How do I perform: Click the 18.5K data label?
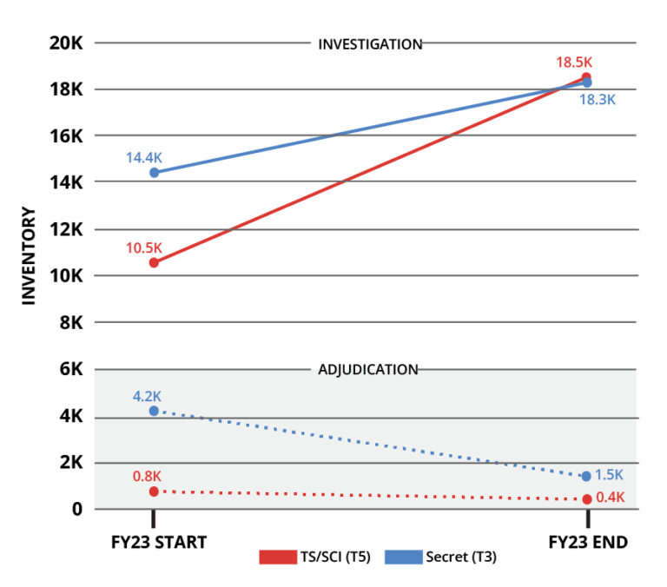574,63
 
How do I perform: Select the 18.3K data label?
598,100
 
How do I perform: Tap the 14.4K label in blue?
144,158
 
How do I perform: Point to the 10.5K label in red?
144,248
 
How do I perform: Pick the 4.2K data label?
147,397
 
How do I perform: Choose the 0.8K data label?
147,477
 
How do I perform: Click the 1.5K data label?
609,475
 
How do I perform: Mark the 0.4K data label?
610,498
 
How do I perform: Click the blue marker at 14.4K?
154,173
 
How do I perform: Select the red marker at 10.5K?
154,262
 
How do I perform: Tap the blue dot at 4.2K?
154,411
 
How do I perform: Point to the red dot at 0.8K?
154,491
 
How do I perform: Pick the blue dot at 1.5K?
586,476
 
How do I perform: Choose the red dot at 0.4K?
587,499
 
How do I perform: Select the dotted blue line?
369,443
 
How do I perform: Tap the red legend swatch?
278,557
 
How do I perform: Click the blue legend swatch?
404,557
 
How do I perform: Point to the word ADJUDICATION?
367,371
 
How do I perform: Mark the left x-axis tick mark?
154,520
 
